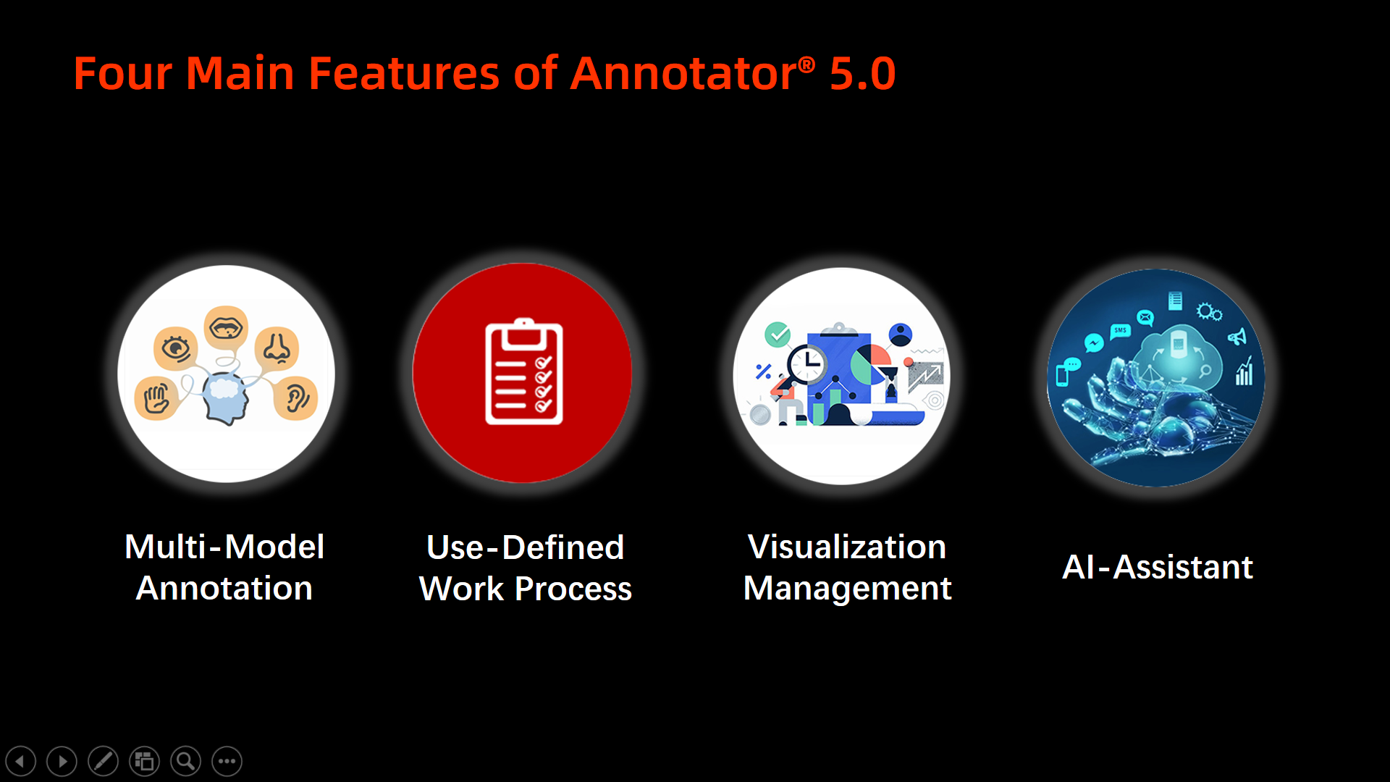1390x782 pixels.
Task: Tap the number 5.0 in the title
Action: (x=862, y=74)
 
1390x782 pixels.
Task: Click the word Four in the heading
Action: (x=123, y=74)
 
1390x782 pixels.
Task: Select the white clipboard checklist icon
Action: (x=523, y=371)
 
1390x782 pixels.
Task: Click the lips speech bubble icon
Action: (x=226, y=328)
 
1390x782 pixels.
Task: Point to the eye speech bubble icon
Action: (x=175, y=349)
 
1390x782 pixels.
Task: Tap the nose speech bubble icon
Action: (x=276, y=349)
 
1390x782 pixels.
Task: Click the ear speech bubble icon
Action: (x=296, y=398)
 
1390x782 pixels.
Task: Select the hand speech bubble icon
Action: (x=156, y=398)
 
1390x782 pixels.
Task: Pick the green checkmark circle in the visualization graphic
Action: (x=778, y=335)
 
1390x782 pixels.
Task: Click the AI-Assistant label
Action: (x=1157, y=567)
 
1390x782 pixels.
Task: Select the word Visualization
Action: (x=846, y=547)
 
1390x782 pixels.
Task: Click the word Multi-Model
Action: (x=224, y=547)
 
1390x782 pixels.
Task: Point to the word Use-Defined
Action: (x=525, y=547)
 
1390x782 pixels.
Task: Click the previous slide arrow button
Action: (x=20, y=761)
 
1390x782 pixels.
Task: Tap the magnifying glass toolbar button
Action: (x=186, y=761)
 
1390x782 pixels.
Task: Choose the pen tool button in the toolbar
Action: (x=104, y=761)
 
